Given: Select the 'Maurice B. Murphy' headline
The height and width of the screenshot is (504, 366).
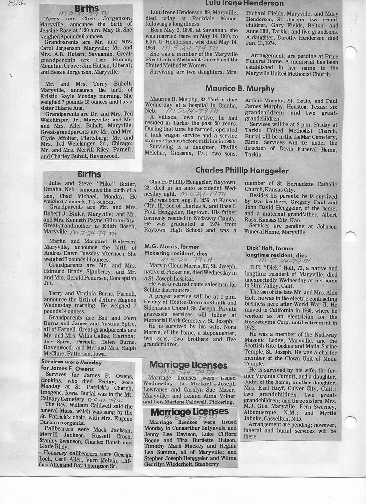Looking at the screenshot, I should click(241, 89).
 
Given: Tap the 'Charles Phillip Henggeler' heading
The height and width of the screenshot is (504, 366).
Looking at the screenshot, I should click(242, 170).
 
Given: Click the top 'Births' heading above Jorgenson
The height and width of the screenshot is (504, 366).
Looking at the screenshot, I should click(87, 9).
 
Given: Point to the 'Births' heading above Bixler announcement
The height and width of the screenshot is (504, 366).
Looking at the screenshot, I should click(89, 174).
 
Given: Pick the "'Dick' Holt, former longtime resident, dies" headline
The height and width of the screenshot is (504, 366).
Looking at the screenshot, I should click(276, 252).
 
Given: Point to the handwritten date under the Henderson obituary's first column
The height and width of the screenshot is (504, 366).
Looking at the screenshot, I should click(181, 49).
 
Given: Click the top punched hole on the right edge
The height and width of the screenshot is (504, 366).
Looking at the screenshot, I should click(350, 53).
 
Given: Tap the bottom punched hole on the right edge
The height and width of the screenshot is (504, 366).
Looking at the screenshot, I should click(350, 422).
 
